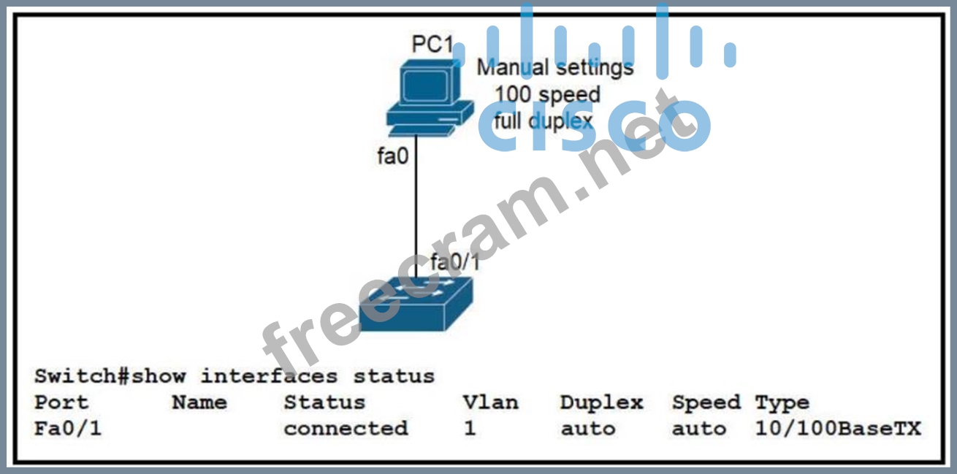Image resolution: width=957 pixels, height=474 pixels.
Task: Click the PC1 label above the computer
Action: coord(432,44)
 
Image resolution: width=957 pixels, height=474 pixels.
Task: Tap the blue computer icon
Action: coord(430,98)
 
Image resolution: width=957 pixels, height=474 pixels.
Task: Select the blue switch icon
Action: coord(416,304)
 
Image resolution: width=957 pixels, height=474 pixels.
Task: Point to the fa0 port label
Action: coord(392,156)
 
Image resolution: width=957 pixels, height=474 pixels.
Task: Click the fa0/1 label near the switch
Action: coord(454,261)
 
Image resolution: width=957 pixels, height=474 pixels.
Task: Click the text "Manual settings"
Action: coord(555,67)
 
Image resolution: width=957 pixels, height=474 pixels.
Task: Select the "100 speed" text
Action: coord(547,95)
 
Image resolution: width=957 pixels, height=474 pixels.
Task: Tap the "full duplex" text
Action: coord(544,121)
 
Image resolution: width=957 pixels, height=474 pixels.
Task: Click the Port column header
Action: coord(61,402)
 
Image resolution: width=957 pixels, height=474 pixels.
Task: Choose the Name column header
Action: coord(199,402)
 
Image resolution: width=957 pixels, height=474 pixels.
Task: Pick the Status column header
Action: coord(324,402)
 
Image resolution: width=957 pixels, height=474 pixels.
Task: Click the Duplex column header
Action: coord(601,402)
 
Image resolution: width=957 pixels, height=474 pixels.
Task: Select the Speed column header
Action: coord(706,402)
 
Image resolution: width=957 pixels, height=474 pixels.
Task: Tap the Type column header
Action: coord(782,403)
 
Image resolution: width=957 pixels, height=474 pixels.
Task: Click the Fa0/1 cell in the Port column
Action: coord(68,429)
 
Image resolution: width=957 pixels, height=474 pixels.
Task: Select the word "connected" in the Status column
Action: coord(346,429)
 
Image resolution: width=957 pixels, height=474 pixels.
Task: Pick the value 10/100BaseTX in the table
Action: coord(838,429)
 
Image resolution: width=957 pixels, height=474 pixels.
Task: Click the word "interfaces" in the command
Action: coord(270,376)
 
